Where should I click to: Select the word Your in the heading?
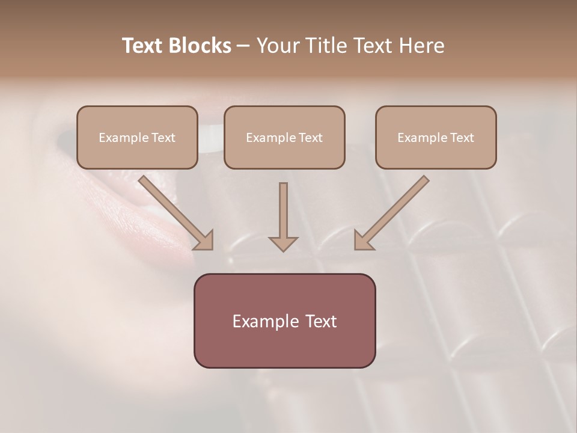point(275,46)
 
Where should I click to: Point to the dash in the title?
point(243,46)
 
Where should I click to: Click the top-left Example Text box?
point(137,137)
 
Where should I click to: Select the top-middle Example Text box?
point(284,137)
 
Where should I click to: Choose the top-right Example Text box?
point(436,137)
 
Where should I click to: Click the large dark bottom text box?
point(284,321)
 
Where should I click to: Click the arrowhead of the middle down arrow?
point(283,243)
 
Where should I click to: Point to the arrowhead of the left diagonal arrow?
point(204,240)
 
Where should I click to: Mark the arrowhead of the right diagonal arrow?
point(362,240)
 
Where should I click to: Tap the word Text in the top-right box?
point(462,138)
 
